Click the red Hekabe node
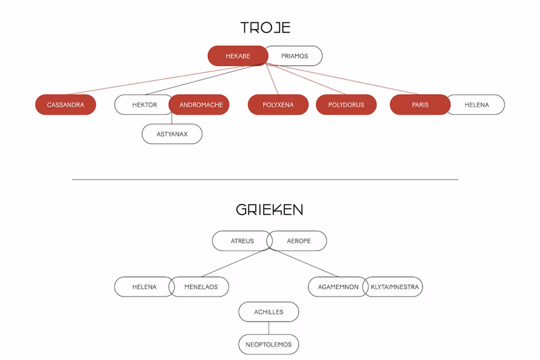(238, 56)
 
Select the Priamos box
(294, 56)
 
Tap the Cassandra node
(65, 105)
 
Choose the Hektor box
(143, 105)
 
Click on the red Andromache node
(200, 105)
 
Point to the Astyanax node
(172, 134)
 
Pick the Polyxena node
(278, 105)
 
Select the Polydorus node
(346, 105)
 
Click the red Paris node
(420, 105)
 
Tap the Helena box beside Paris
(478, 105)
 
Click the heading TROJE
(265, 28)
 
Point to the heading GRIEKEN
(269, 210)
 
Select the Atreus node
(241, 241)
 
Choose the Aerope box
(298, 241)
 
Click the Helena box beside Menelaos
(143, 287)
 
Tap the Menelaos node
(200, 287)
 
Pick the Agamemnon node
(337, 287)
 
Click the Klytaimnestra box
(394, 287)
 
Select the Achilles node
(269, 312)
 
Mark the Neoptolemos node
(269, 344)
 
